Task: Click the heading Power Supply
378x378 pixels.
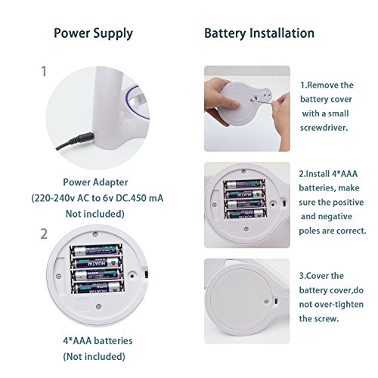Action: [93, 34]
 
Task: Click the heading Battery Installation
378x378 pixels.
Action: [259, 33]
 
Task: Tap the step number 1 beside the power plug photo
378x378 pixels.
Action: [44, 71]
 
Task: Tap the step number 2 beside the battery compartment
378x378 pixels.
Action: [44, 234]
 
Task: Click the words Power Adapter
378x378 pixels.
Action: [95, 182]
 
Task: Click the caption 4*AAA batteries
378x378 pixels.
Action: [98, 341]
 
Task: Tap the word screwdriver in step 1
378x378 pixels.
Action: [324, 128]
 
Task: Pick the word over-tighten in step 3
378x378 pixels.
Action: [339, 305]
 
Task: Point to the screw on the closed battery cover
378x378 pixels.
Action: [266, 301]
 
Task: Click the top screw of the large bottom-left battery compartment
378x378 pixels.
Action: [95, 234]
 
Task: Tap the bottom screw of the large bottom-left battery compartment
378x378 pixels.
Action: [99, 307]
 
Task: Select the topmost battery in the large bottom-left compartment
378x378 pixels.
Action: [96, 250]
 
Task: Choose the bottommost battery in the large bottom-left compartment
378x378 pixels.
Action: [98, 287]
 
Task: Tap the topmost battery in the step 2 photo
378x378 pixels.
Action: [244, 184]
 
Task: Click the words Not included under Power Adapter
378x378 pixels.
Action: [95, 214]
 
